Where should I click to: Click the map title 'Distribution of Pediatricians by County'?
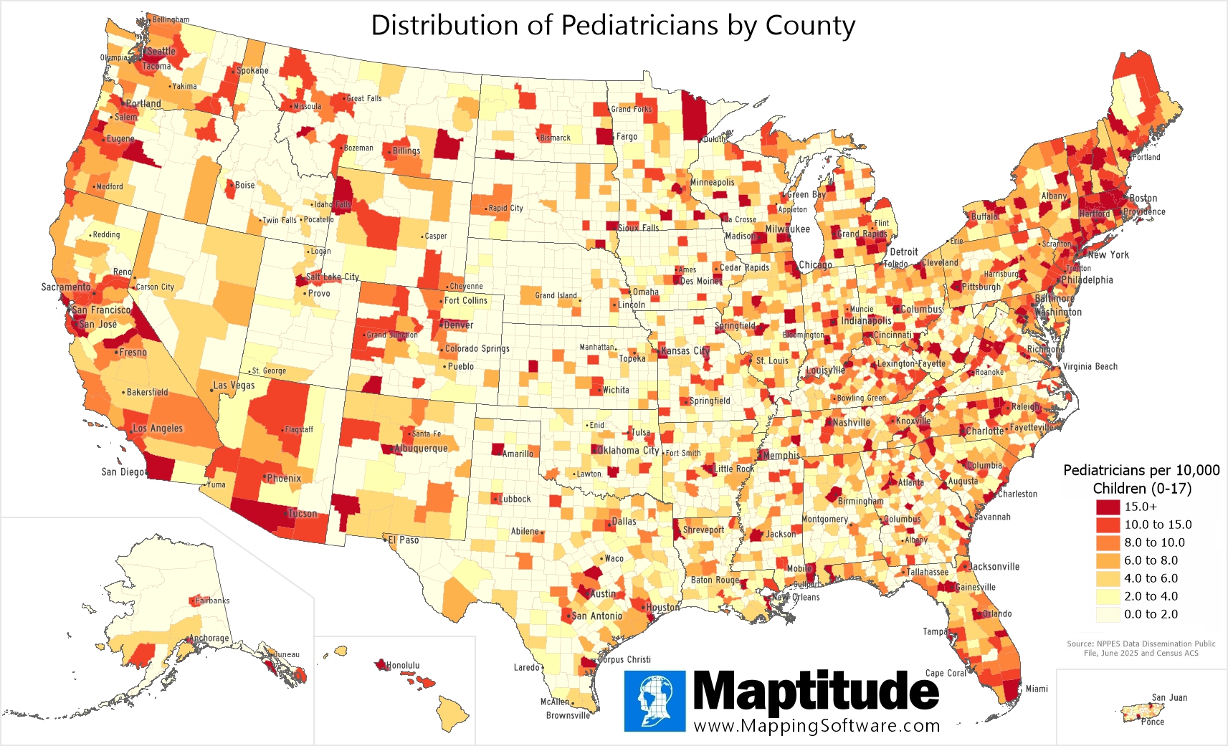coord(613,26)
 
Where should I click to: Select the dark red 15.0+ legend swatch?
coord(1108,507)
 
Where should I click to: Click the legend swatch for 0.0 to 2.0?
coord(1108,614)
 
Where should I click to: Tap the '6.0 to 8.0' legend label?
coord(1151,560)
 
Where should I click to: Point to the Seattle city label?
coord(161,52)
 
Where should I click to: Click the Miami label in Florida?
coord(1037,689)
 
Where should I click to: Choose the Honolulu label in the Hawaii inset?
coord(403,665)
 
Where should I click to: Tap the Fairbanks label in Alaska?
coord(212,601)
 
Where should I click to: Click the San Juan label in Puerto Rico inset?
coord(1169,697)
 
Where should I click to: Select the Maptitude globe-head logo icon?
coord(655,701)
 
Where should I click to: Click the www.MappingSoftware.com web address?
coord(817,726)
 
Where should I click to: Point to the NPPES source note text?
coord(1141,648)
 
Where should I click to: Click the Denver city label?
coord(458,325)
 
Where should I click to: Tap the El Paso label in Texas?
coord(405,540)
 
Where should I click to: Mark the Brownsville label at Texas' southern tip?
coord(568,715)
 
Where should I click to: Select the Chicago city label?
coord(815,264)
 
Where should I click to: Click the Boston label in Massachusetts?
coord(1143,199)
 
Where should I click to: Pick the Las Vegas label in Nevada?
coord(234,385)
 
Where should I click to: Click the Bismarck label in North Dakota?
coord(556,138)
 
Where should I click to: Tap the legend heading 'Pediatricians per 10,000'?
coord(1141,470)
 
